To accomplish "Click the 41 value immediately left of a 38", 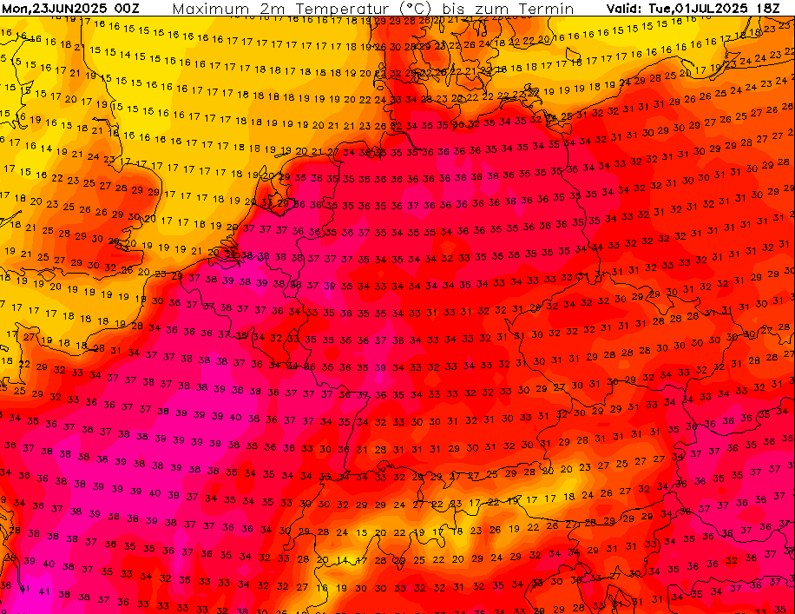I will point(44,591).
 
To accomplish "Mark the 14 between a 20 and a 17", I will point(342,561).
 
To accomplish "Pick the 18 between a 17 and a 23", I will point(457,531).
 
